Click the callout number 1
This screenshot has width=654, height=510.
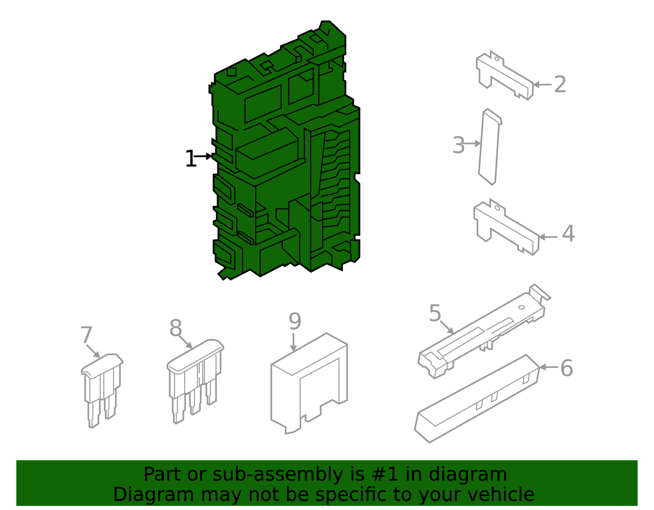point(190,158)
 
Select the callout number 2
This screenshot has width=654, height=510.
point(560,85)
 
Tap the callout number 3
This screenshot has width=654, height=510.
point(459,145)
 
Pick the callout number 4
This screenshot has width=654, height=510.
point(568,233)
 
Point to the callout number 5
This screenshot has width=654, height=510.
point(435,313)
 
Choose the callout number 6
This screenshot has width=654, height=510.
point(567,368)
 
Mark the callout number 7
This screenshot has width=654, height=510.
point(86,335)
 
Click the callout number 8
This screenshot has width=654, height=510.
point(176,328)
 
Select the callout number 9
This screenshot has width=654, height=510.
point(295,321)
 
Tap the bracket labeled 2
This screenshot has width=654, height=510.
point(504,76)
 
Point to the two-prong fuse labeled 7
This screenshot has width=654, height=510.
point(102,390)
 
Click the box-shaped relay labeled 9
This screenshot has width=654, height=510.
point(309,383)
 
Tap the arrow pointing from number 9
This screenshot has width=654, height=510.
point(293,342)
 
